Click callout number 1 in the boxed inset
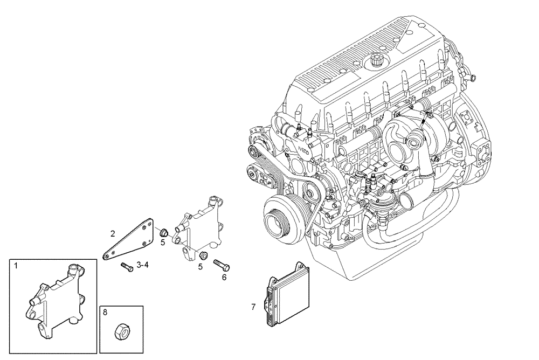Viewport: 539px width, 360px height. pos(16,266)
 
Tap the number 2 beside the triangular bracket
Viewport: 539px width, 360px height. pos(113,233)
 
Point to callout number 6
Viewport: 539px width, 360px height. pos(224,277)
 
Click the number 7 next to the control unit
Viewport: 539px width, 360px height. pos(253,307)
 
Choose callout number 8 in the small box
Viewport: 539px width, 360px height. pos(105,311)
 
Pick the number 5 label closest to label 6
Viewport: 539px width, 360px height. pos(200,266)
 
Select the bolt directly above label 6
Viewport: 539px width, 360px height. pos(222,265)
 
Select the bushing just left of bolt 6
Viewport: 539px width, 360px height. pos(204,255)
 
